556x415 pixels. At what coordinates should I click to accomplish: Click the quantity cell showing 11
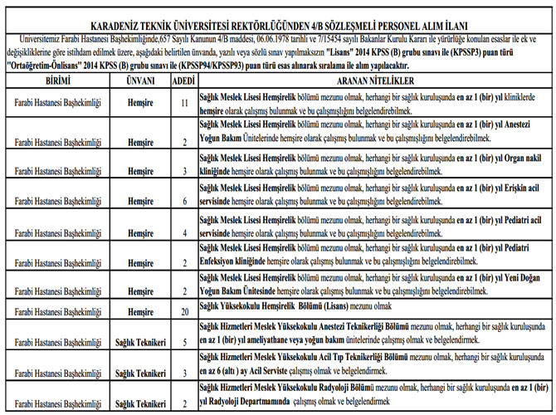pyautogui.click(x=185, y=102)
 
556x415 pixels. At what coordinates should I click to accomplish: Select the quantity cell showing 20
pyautogui.click(x=185, y=311)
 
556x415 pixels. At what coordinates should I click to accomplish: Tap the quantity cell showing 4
pyautogui.click(x=185, y=233)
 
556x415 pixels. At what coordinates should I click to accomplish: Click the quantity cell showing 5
pyautogui.click(x=185, y=341)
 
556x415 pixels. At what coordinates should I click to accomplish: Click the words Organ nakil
pyautogui.click(x=520, y=158)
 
